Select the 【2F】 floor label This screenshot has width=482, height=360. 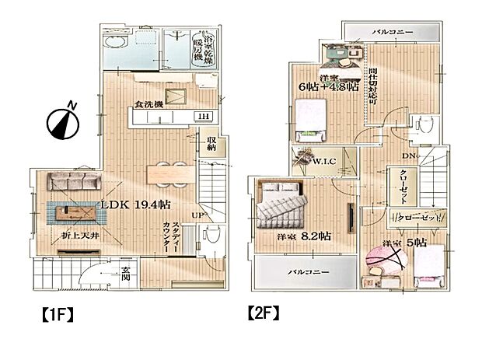pos(263,315)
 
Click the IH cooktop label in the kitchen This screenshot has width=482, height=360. pos(202,117)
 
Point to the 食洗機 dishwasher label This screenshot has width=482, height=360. pos(148,104)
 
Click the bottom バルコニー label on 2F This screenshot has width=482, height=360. pos(306,273)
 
